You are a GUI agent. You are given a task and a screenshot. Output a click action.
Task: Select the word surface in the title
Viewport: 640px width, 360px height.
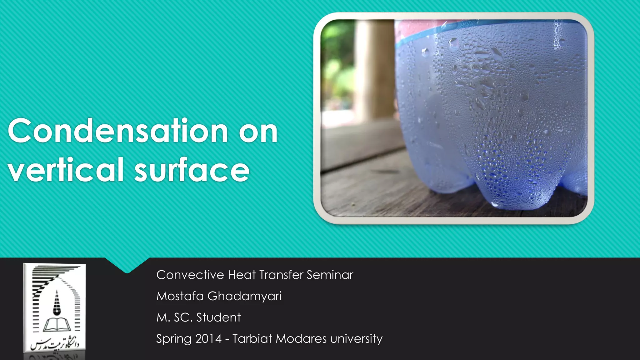coord(192,170)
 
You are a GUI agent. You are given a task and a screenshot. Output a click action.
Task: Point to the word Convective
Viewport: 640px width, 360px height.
coord(190,275)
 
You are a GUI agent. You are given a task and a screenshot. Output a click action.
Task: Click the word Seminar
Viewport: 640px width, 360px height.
coord(330,275)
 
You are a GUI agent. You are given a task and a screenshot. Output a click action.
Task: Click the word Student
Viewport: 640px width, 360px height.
coord(218,317)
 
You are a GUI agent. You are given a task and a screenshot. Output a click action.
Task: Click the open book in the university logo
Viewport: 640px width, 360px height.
coord(57,325)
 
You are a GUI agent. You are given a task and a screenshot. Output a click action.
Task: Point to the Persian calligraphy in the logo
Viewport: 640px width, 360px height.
coord(55,345)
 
